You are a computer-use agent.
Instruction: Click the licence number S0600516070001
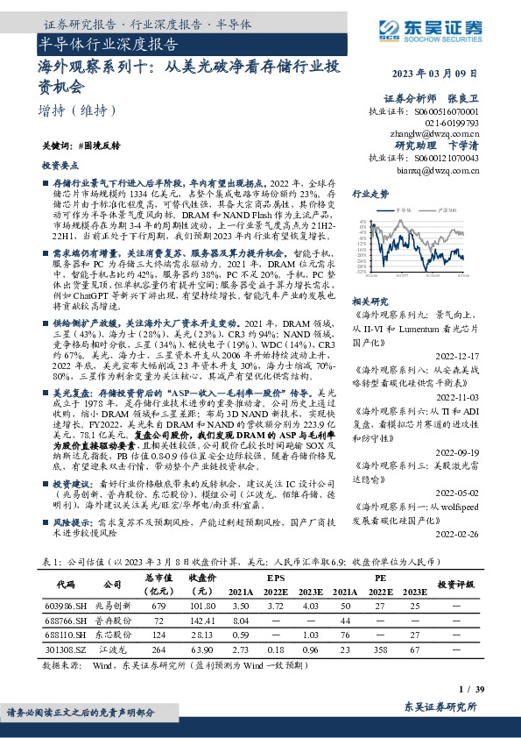click(447, 112)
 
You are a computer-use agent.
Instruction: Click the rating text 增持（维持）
click(78, 111)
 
